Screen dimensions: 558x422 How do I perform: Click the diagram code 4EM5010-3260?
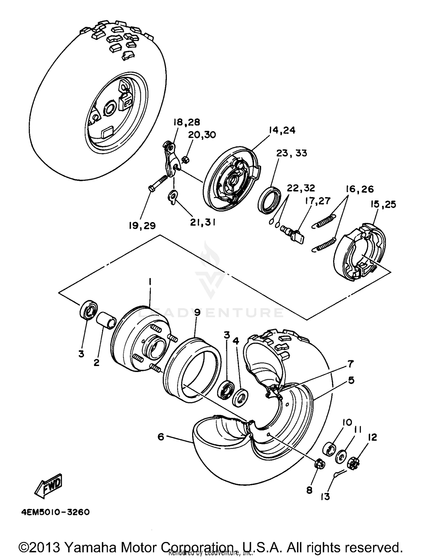click(x=55, y=512)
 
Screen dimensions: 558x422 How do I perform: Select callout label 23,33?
click(x=292, y=153)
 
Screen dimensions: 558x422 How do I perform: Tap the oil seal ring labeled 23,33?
click(x=269, y=200)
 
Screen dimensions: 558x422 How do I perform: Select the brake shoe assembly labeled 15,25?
click(x=359, y=252)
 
